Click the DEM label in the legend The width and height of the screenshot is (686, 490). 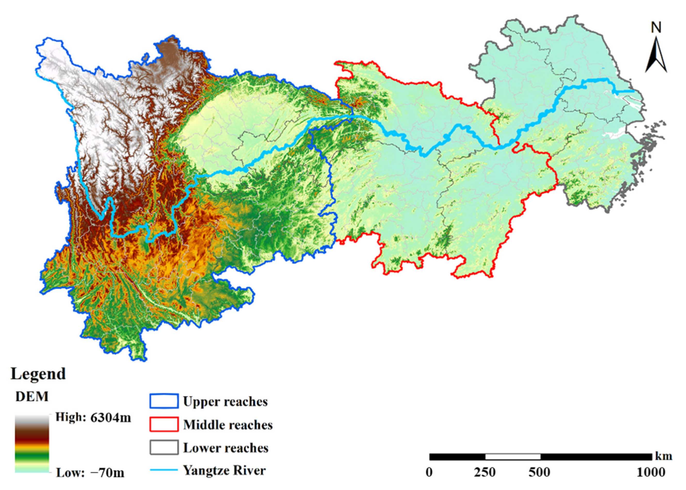[x=32, y=396]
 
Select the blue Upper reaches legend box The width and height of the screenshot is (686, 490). [x=164, y=401]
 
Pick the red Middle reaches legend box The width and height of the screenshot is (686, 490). [x=164, y=425]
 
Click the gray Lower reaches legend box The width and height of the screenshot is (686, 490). [x=164, y=447]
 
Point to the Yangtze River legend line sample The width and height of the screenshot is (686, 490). [x=164, y=470]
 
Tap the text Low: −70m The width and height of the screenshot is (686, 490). [x=90, y=473]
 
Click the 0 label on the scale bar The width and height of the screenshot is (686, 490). [x=429, y=472]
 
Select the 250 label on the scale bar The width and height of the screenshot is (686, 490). [x=484, y=472]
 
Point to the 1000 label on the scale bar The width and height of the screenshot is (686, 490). [x=651, y=472]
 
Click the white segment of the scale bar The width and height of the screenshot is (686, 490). [x=512, y=456]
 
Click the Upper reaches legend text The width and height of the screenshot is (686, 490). [x=225, y=402]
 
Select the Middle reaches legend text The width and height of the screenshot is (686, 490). [x=228, y=425]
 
